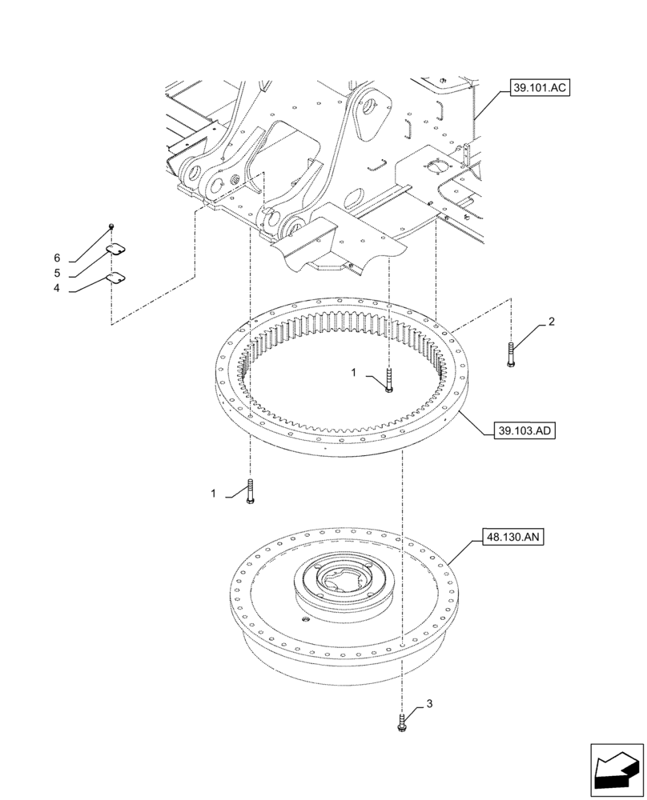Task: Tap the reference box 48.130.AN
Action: (x=513, y=537)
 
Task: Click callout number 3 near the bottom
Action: (x=429, y=704)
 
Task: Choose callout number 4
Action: (x=57, y=289)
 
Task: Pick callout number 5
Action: (x=57, y=274)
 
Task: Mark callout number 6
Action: (x=57, y=258)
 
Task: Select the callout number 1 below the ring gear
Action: (x=214, y=494)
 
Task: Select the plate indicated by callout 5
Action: (x=119, y=250)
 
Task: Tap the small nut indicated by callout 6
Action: (x=112, y=228)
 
